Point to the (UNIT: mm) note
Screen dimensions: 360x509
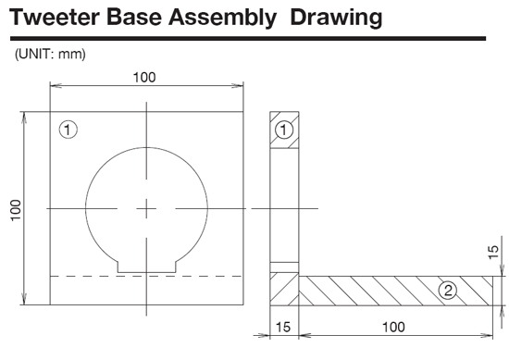pyautogui.click(x=50, y=55)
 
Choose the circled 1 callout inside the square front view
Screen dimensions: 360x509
pyautogui.click(x=67, y=130)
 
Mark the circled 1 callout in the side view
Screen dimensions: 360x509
pyautogui.click(x=285, y=130)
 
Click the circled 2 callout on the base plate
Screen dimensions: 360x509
pyautogui.click(x=447, y=291)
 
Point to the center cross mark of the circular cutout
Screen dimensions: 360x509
pyautogui.click(x=146, y=210)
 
